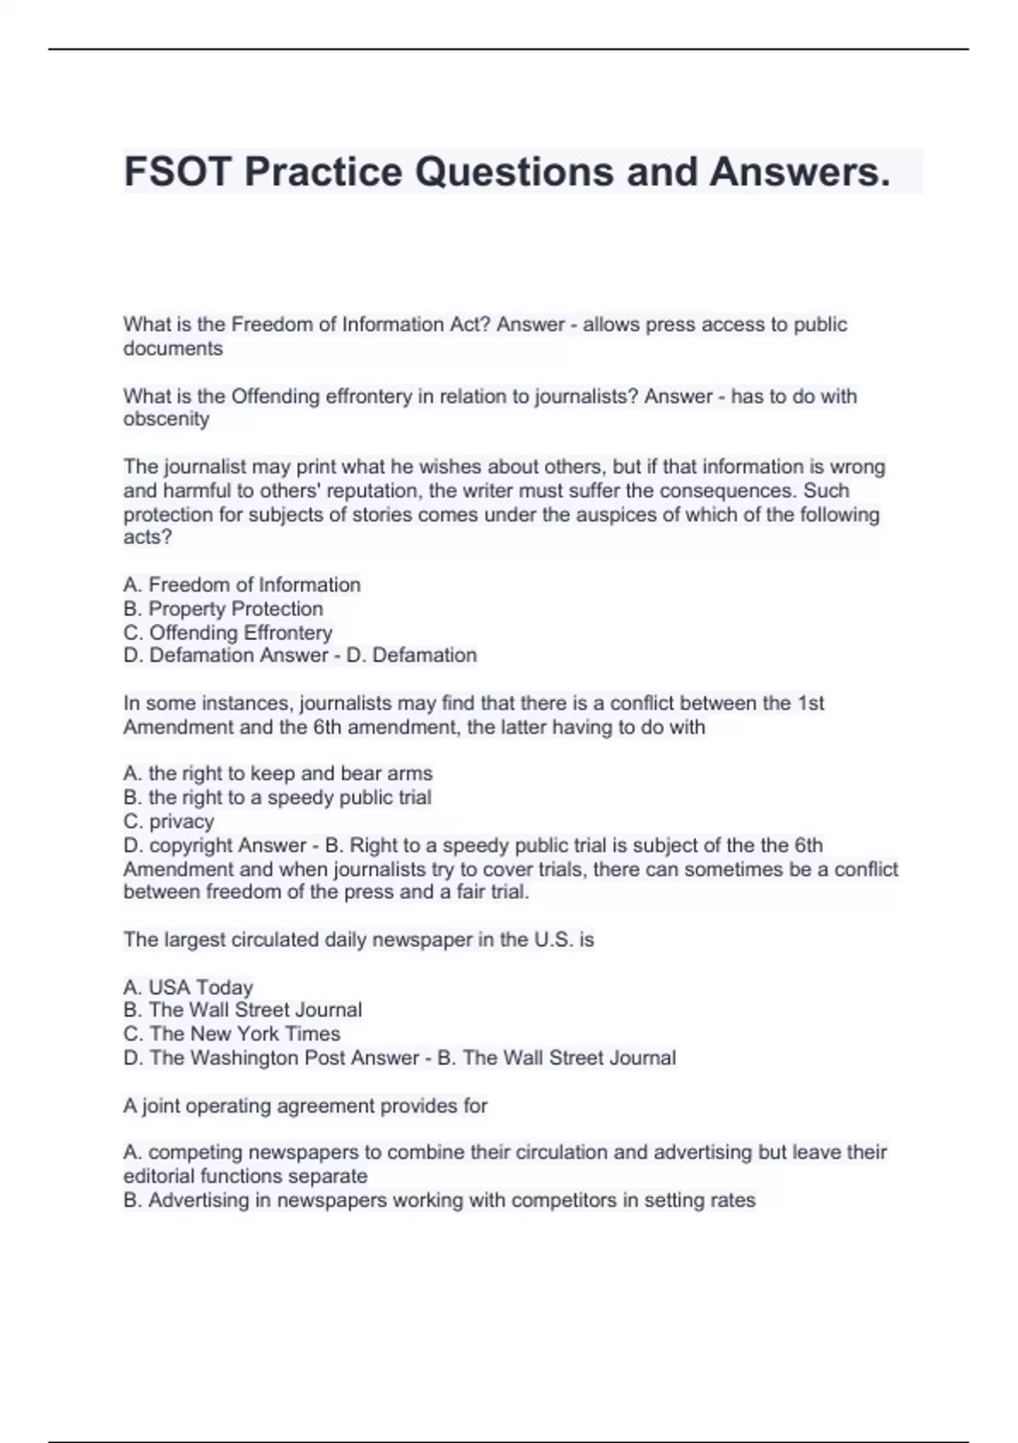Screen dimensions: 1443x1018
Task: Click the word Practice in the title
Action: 322,171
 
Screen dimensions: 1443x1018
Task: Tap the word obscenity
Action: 166,419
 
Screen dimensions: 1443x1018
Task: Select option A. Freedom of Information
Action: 242,585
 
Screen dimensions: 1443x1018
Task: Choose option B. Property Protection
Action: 223,609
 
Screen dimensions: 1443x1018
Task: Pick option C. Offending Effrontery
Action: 227,632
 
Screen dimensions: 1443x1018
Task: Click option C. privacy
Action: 169,822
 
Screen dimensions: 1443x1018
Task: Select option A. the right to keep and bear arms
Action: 277,773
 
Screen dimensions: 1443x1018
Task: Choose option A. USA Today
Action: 188,987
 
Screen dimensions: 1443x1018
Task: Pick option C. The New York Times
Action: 232,1034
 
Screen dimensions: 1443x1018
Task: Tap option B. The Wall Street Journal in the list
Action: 243,1010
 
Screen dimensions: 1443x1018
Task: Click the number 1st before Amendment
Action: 811,703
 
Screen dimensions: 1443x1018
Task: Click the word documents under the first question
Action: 173,349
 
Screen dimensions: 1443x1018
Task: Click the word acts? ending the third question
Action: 148,537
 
